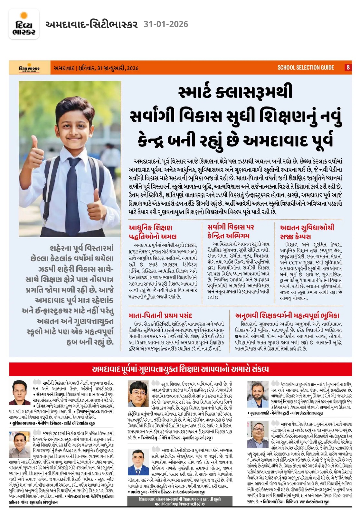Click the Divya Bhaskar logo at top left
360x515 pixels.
pos(24,24)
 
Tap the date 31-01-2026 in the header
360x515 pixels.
pos(166,24)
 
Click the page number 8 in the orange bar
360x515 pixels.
pos(348,68)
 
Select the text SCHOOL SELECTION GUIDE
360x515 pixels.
pos(306,68)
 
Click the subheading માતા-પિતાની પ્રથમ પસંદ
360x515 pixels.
pos(160,315)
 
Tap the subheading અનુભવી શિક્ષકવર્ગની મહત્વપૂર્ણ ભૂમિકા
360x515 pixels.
pos(287,315)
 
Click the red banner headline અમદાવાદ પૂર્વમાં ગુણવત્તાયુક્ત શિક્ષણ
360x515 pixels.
pos(180,369)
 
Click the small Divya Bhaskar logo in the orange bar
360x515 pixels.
pos(29,68)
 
